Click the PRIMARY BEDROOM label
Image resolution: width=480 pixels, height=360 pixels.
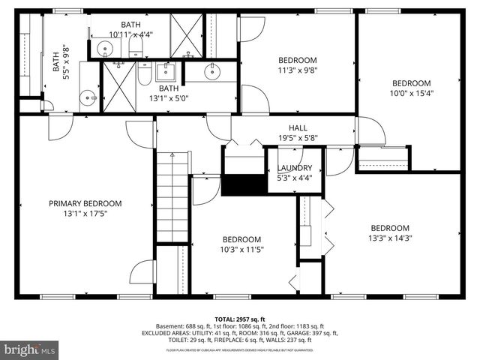(85, 203)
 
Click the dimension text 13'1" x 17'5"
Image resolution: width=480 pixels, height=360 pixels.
(85, 214)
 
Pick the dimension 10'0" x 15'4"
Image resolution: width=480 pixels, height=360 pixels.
(412, 93)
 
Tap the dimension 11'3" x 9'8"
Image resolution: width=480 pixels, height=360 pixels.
(298, 70)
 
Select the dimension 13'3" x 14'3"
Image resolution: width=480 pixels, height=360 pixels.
(389, 238)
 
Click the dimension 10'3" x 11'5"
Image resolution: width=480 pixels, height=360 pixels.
(241, 250)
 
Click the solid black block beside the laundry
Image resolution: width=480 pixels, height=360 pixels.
(244, 184)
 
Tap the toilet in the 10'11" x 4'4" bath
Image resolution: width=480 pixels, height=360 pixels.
(136, 49)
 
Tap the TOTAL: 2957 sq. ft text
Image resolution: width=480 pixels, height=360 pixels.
(239, 319)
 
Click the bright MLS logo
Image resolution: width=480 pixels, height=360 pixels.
(30, 349)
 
